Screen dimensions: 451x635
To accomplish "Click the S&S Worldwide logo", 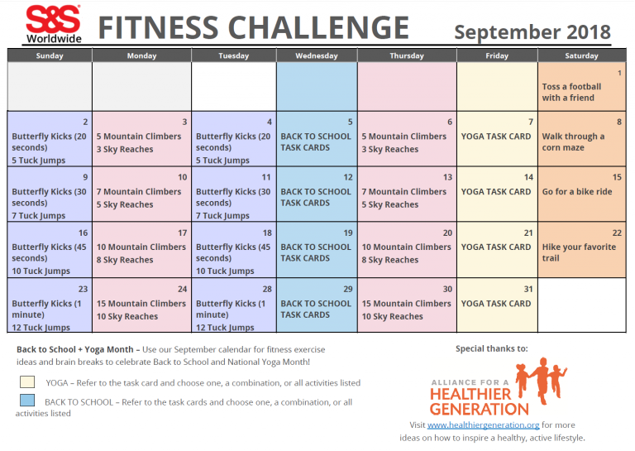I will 53,24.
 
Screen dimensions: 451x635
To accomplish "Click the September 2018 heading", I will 532,32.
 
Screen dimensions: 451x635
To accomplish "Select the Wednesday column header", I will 317,56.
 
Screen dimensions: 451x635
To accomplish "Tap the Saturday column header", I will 581,56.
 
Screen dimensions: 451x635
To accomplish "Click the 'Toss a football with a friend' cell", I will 571,92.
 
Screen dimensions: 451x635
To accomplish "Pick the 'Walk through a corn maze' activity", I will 573,142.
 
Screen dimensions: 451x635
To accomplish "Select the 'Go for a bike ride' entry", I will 577,191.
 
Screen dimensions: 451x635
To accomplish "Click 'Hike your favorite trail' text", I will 579,252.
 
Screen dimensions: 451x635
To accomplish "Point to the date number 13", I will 447,177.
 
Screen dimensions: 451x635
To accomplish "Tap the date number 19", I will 348,233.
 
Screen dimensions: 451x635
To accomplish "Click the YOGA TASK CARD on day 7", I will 496,137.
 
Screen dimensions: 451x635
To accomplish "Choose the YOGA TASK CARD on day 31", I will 496,304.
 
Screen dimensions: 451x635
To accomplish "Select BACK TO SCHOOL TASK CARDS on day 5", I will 316,142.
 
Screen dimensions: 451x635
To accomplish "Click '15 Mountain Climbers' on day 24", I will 141,304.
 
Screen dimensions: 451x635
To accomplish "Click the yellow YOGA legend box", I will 28,382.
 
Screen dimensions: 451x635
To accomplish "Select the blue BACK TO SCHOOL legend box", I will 28,401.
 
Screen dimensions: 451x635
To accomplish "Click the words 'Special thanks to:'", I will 491,348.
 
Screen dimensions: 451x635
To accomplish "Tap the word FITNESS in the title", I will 158,28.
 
